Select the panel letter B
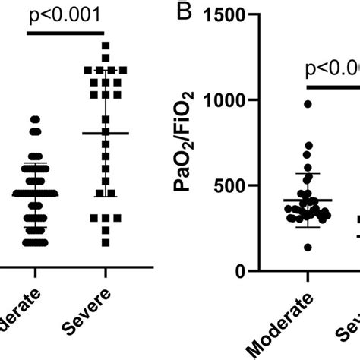(x=182, y=13)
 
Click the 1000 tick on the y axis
(x=242, y=100)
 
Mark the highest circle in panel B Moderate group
(x=308, y=104)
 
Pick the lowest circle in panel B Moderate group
(x=308, y=248)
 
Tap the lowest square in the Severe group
(x=106, y=242)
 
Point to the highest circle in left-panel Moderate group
(x=34, y=119)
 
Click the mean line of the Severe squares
(x=106, y=134)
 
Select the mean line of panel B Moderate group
(x=308, y=201)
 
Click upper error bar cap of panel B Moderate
(x=308, y=174)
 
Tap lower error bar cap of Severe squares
(x=106, y=197)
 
